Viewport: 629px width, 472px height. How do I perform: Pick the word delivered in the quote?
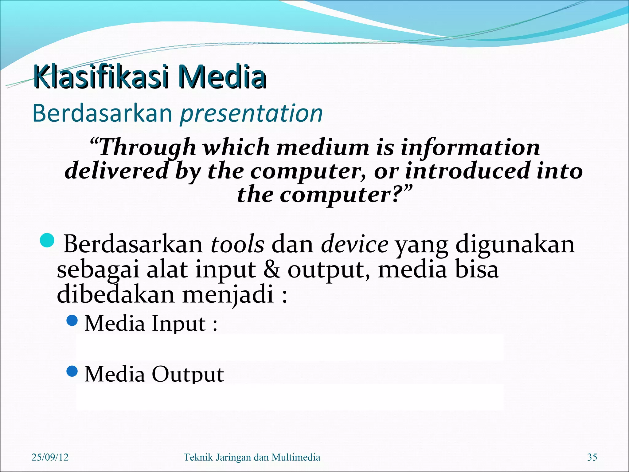[117, 171]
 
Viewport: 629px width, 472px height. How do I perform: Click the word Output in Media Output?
[188, 374]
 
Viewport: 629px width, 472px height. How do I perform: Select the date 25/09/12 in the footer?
[50, 457]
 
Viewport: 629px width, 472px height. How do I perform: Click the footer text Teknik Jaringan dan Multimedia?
[252, 457]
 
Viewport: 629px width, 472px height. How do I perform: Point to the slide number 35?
[592, 457]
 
